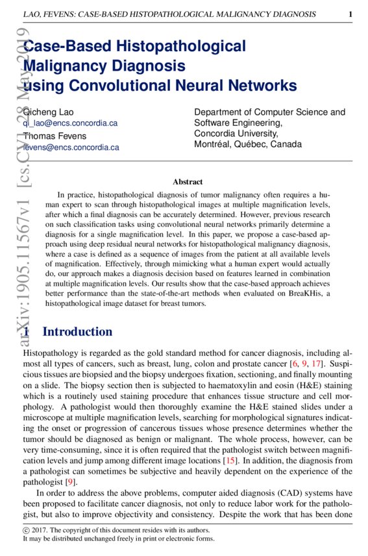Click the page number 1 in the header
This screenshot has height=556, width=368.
(x=350, y=14)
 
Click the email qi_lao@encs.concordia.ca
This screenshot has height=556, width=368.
(x=70, y=122)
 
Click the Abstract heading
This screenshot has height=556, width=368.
(x=188, y=182)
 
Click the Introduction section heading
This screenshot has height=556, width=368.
(x=77, y=332)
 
